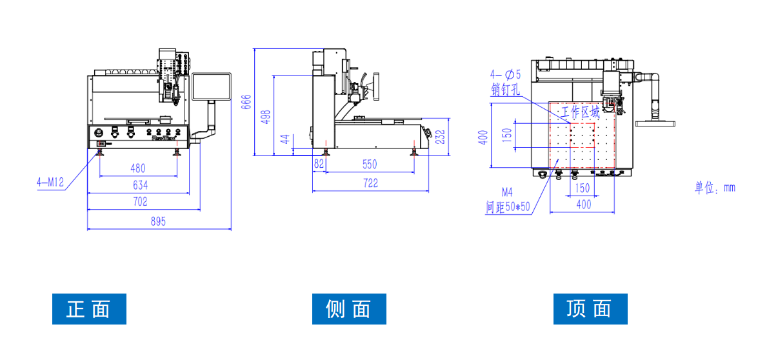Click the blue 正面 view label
point(89,309)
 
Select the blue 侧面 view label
point(349,309)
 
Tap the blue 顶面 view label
point(590,309)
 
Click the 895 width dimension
point(158,221)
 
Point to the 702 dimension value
point(140,202)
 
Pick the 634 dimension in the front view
point(140,185)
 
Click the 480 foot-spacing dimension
point(137,168)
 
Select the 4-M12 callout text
point(50,183)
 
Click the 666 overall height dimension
point(246,102)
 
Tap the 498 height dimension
point(266,117)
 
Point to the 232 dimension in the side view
point(441,137)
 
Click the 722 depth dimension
point(370,184)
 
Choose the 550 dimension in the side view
point(370,165)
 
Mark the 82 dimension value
point(319,165)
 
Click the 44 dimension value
point(284,139)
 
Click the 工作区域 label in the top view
point(580,112)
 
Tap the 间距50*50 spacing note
point(508,207)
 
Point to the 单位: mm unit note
point(715,188)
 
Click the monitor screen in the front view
point(212,86)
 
